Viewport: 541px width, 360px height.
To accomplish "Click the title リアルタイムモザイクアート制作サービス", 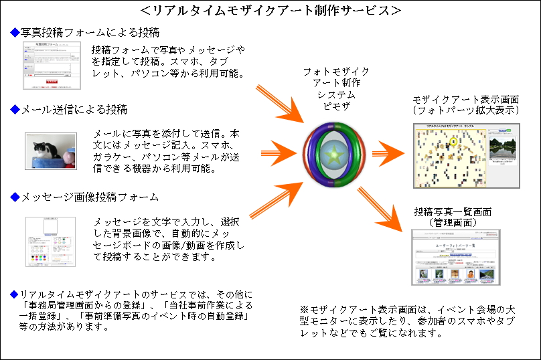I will click(271, 11).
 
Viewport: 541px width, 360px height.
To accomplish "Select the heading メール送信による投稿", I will click(74, 109).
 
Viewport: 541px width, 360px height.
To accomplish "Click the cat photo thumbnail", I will click(50, 149).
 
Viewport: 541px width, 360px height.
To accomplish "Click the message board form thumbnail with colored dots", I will click(50, 242).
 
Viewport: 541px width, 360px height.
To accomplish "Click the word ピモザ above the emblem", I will click(331, 106).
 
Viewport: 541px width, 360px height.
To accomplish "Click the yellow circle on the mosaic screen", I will click(453, 142).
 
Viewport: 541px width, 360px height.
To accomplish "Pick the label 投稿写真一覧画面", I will click(453, 211).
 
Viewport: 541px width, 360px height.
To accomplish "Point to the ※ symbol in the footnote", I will click(303, 310).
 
